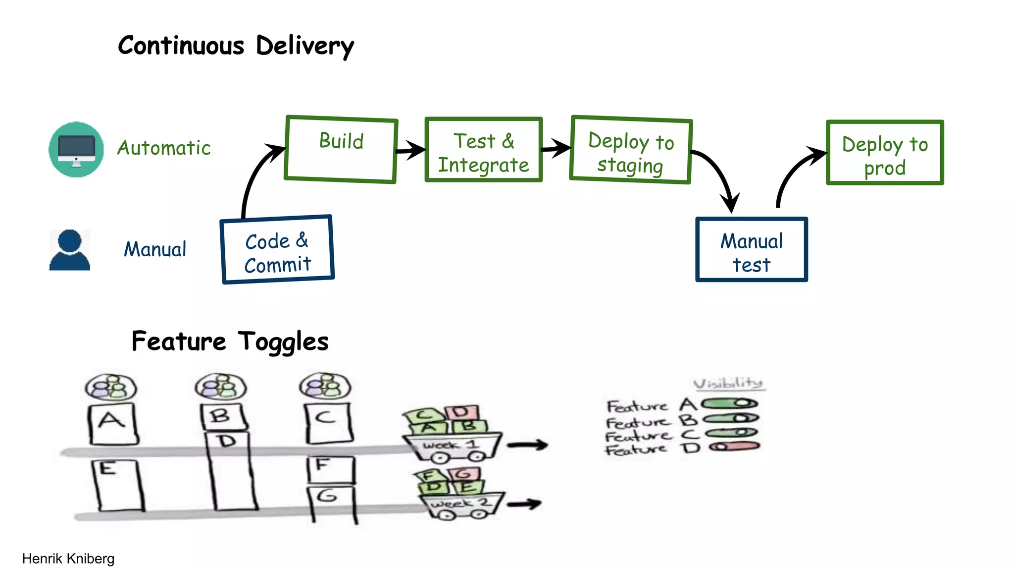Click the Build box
341,150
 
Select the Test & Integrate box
483,150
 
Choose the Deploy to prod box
885,153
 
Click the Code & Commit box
277,250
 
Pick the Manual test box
751,250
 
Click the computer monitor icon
76,149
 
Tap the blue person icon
70,250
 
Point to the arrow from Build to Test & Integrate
410,149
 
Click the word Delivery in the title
304,46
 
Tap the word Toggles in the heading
283,342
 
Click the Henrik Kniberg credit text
68,559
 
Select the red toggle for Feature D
735,447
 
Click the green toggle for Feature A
730,403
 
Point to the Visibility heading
728,383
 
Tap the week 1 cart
452,447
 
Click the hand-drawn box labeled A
112,424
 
